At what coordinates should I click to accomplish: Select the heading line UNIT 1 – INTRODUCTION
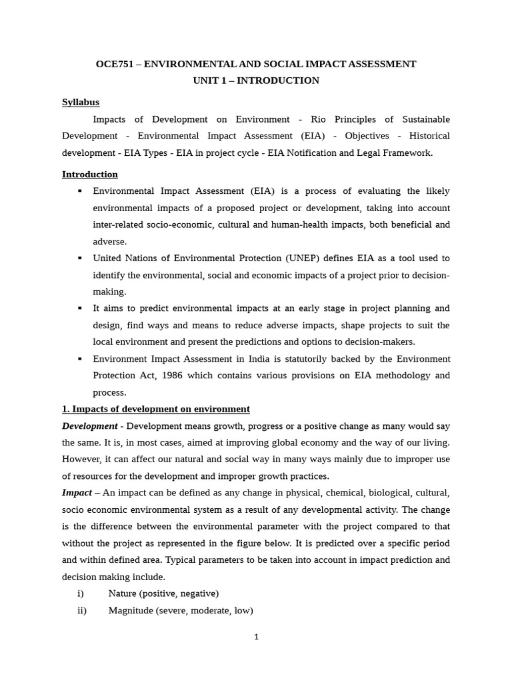coord(256,81)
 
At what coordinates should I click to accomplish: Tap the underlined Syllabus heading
coord(81,102)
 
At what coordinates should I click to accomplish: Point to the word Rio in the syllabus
coord(321,119)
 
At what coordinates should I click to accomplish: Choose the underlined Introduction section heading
coord(90,174)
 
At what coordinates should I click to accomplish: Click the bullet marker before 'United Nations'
coord(80,258)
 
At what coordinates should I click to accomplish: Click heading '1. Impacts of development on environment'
coord(156,409)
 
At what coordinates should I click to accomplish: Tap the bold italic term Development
coord(89,426)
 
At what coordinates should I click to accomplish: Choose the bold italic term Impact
coord(77,493)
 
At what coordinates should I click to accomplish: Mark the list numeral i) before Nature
coord(81,593)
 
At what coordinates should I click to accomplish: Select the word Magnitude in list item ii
coord(131,610)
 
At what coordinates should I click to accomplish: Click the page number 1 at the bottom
coord(256,637)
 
